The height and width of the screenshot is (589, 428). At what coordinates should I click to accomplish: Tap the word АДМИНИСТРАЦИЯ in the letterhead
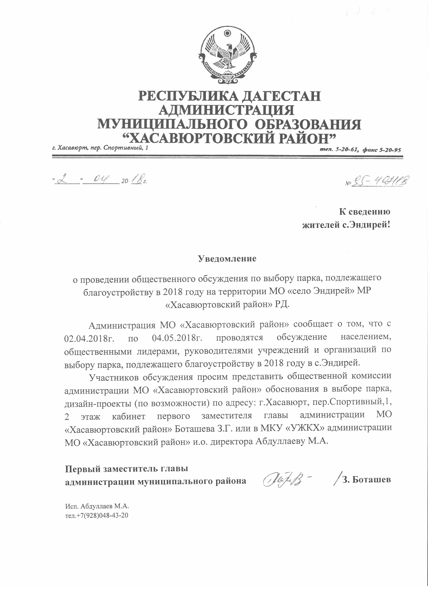pyautogui.click(x=226, y=110)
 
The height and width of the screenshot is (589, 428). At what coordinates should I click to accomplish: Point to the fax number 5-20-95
pyautogui.click(x=389, y=150)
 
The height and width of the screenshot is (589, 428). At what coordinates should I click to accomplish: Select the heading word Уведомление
pyautogui.click(x=227, y=258)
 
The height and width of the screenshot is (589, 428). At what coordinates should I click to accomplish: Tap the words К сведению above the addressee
pyautogui.click(x=364, y=212)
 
